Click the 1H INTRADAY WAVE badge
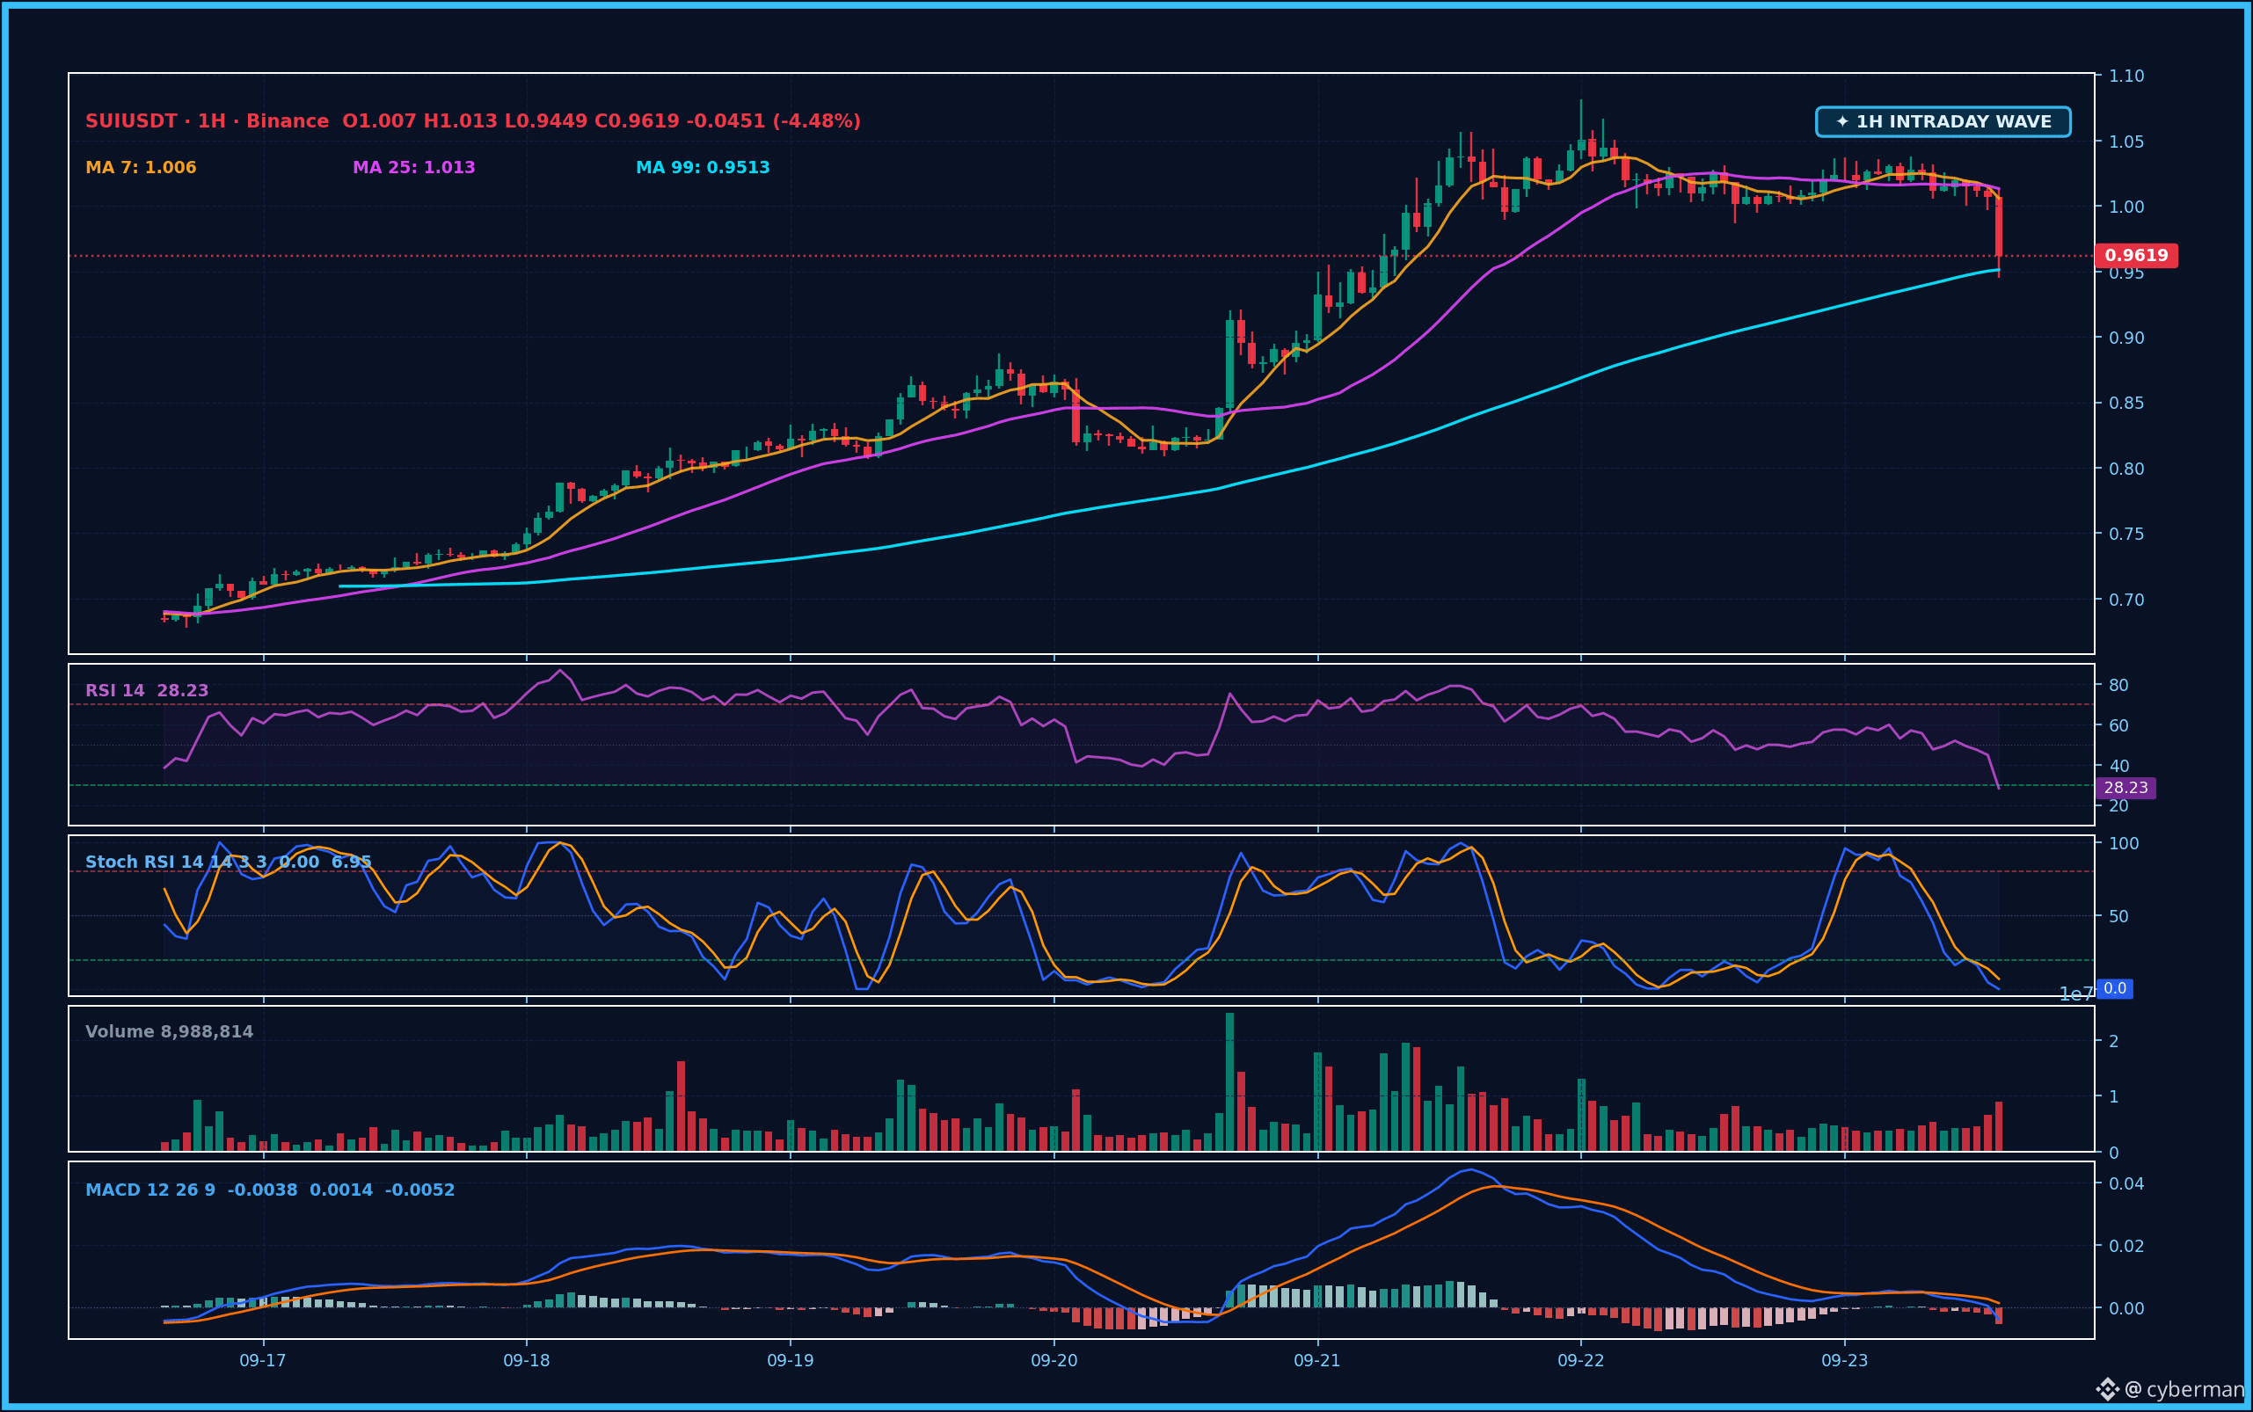tap(1943, 121)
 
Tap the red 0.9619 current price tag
tap(2136, 255)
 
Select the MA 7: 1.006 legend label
tap(141, 167)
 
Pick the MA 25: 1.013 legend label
tap(414, 167)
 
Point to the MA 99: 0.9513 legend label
tap(703, 167)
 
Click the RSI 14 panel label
tap(115, 690)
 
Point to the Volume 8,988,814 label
tap(169, 1031)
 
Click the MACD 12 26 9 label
tap(150, 1190)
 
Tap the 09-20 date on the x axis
tap(1054, 1361)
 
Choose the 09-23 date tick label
tap(1845, 1361)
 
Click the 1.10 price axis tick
tap(2127, 76)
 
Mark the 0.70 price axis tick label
tap(2127, 600)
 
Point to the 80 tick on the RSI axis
tap(2118, 685)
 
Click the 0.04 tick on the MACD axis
tap(2127, 1183)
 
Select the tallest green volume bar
tap(1229, 1081)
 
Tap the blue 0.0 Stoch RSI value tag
tap(2115, 988)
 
